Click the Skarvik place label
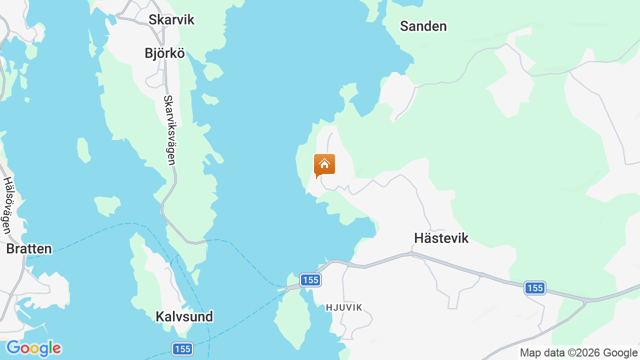171,20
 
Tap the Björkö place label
164,53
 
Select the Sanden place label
423,26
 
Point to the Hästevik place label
441,238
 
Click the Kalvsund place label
184,316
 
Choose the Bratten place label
29,249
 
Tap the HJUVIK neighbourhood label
343,307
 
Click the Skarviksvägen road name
169,130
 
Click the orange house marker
324,165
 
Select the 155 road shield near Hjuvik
310,280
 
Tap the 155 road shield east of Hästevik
535,288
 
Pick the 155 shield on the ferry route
182,349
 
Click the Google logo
33,348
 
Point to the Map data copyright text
578,353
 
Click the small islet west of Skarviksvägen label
83,150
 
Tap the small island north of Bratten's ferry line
107,205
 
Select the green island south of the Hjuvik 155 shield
292,320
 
